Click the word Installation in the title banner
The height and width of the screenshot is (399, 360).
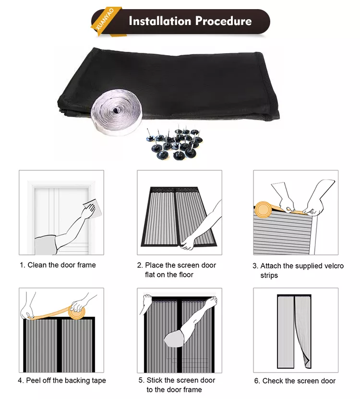pos(160,21)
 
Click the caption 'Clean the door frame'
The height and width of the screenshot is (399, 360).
pos(61,265)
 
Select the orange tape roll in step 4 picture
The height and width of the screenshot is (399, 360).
pos(76,312)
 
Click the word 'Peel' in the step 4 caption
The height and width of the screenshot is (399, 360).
pos(33,380)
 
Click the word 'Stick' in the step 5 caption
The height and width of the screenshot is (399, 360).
pos(155,380)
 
